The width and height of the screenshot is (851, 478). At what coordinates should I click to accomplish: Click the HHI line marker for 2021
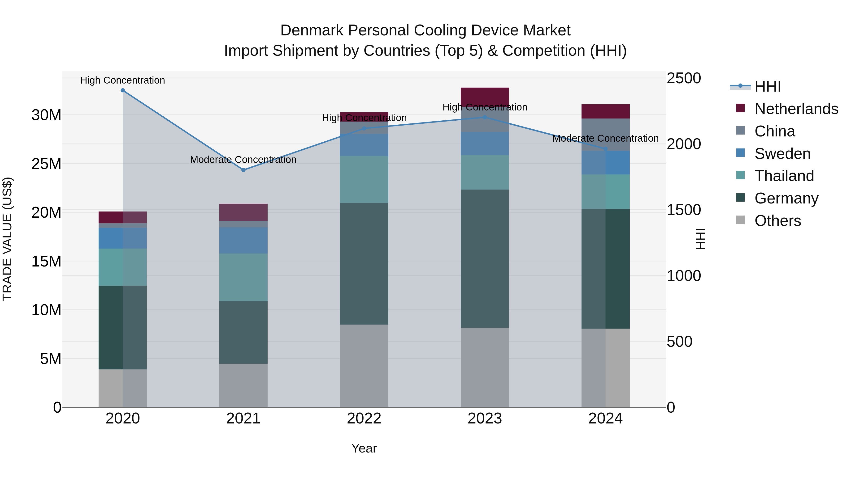click(243, 170)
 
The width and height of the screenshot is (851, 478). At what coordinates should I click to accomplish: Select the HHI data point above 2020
click(122, 90)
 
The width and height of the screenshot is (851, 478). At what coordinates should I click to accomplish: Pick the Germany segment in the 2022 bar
click(364, 264)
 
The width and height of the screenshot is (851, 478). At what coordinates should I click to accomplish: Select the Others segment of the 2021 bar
click(243, 385)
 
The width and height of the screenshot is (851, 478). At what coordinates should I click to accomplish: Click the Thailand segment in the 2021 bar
click(243, 277)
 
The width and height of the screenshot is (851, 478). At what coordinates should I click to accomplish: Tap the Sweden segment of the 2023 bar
click(485, 144)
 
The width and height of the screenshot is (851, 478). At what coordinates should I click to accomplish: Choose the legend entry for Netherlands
click(796, 109)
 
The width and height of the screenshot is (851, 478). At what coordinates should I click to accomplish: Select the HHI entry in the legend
click(767, 86)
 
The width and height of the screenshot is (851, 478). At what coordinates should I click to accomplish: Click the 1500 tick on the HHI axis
click(683, 210)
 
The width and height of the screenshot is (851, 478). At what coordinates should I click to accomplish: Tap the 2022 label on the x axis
click(364, 419)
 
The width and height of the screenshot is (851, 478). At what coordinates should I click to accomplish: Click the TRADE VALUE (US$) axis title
click(8, 239)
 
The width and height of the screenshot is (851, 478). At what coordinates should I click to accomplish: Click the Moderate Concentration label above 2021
click(243, 160)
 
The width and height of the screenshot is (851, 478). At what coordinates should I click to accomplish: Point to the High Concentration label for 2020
click(122, 80)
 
